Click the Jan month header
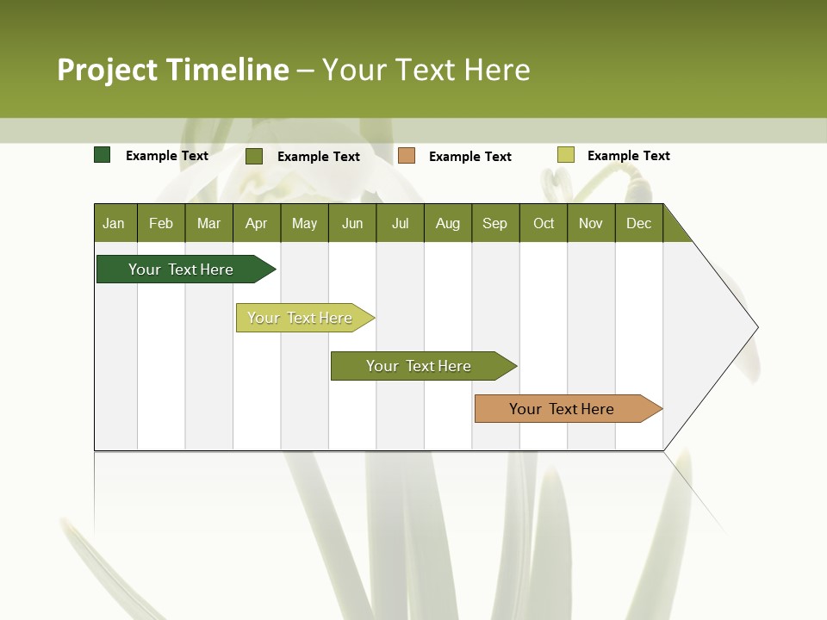115,223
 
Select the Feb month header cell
161,223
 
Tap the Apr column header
256,223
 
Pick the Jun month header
352,223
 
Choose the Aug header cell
447,223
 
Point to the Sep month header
494,223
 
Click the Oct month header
544,223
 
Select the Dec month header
638,223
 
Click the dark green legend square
103,155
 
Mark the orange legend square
407,156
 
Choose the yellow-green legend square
565,155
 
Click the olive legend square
254,156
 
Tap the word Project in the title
108,70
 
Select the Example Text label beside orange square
469,157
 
